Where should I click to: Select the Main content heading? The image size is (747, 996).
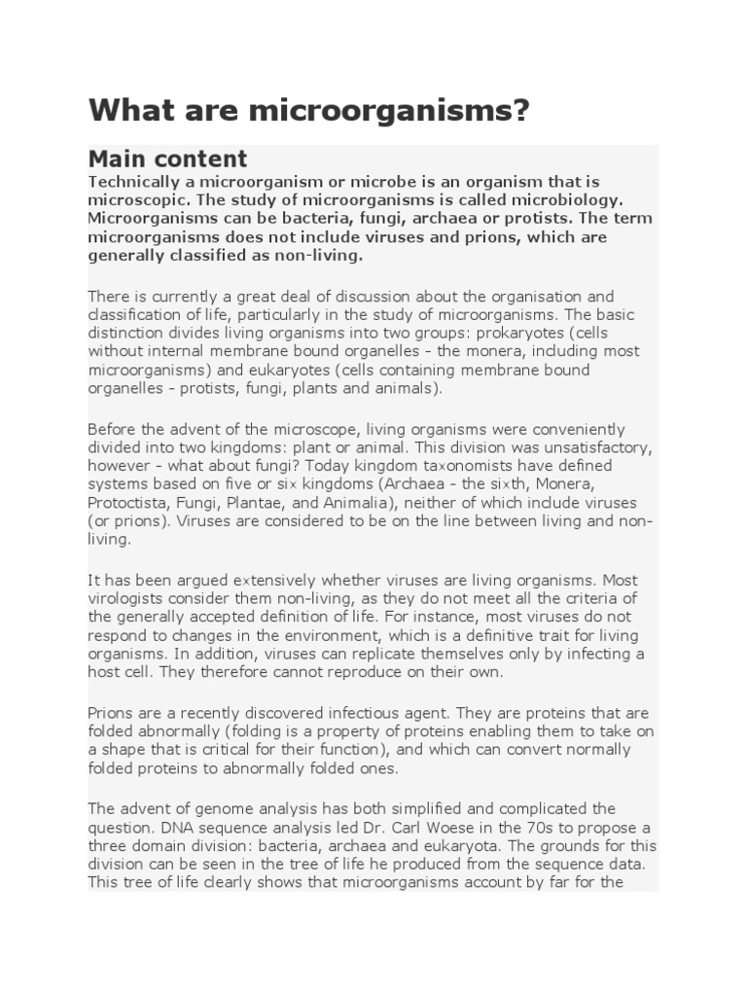167,159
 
